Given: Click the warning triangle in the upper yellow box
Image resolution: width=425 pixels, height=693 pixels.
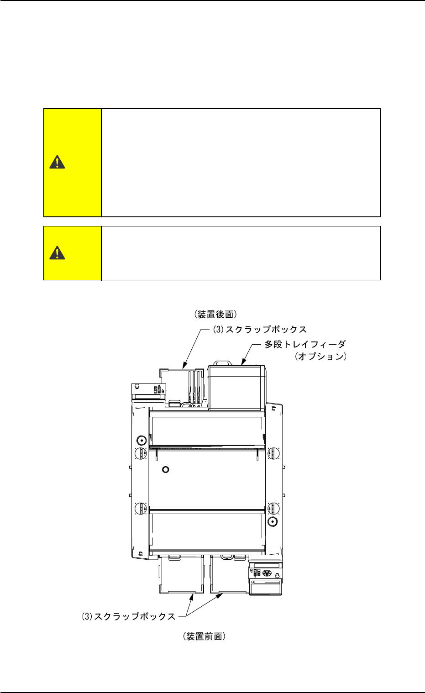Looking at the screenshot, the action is click(57, 162).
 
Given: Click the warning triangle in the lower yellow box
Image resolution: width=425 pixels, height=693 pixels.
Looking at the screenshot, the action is click(57, 252).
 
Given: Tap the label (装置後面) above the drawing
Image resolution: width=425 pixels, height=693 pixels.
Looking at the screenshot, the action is click(215, 315).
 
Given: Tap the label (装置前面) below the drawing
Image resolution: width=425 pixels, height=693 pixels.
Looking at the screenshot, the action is click(204, 636).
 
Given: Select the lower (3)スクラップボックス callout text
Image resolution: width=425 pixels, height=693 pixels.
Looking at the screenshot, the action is click(129, 616).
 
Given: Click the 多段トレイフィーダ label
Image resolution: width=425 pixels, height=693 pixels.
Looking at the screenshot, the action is click(305, 344).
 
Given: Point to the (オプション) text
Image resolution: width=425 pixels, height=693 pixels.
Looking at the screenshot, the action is click(320, 357).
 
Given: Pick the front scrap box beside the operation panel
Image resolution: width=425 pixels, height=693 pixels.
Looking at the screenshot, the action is click(229, 574).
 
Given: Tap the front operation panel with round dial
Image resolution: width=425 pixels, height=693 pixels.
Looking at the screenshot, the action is click(266, 577).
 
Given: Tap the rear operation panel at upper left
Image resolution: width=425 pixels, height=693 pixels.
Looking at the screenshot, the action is click(148, 391).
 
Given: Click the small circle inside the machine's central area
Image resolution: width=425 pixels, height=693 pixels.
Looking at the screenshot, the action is click(166, 469).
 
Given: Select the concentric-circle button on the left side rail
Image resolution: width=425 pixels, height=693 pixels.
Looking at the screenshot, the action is click(141, 440).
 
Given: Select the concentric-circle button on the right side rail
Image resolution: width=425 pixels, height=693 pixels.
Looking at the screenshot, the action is click(273, 521).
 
